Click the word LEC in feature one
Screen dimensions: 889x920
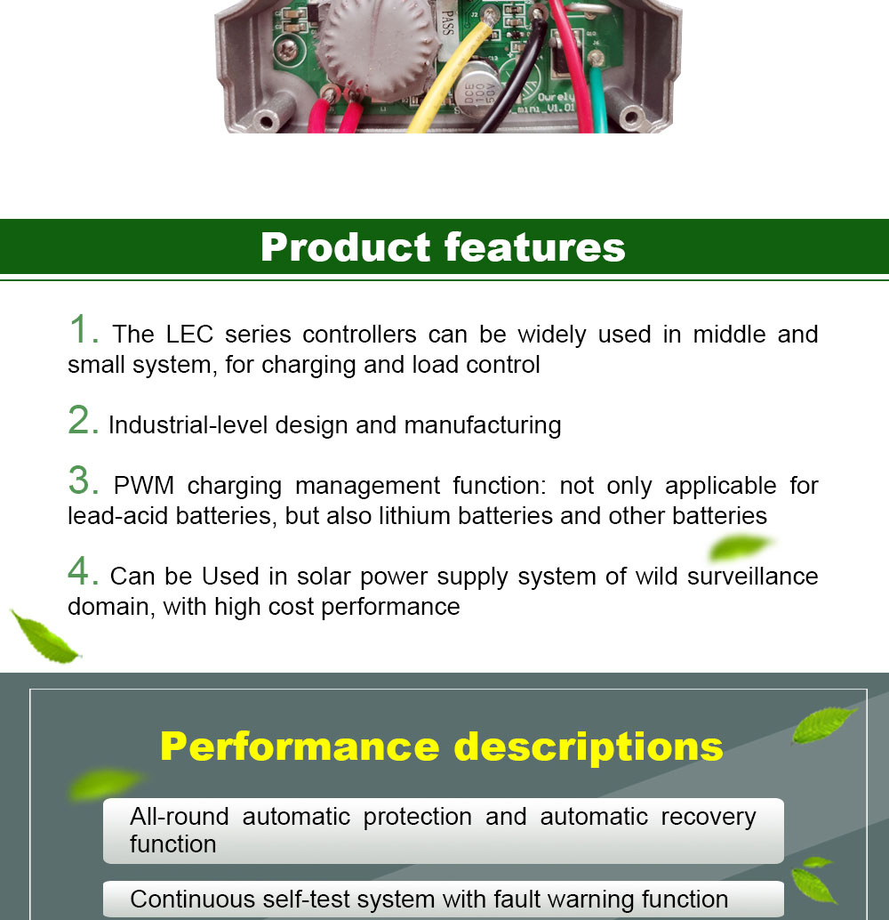point(189,335)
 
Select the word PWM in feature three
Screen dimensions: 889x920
point(144,486)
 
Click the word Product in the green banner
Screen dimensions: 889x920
point(346,247)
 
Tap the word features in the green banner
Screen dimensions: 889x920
point(535,247)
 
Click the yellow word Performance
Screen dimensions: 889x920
point(300,746)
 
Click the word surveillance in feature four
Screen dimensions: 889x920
point(752,577)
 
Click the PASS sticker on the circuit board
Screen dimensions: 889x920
point(447,22)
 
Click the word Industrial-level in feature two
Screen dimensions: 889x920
point(188,425)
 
